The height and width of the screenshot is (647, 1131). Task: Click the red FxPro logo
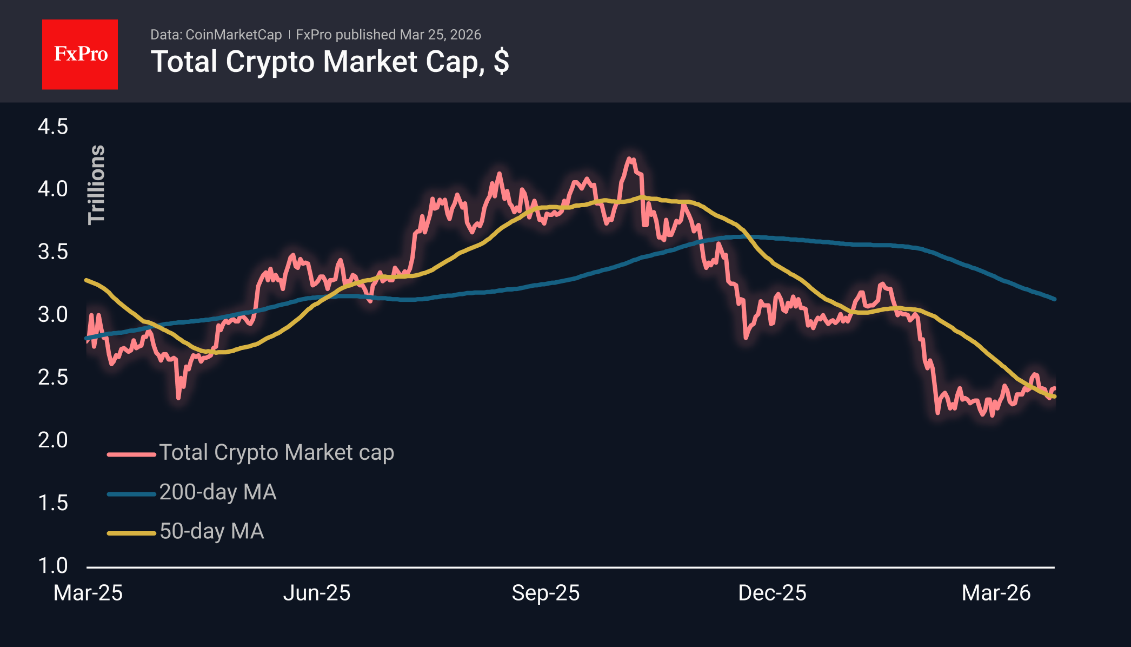point(80,54)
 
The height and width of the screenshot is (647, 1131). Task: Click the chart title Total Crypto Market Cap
point(329,62)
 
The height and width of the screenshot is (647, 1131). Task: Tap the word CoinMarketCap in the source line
point(233,35)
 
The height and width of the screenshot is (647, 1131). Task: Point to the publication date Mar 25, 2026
point(440,35)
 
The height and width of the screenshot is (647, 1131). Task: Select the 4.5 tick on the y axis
point(53,127)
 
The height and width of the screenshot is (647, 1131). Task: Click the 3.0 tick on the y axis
point(53,314)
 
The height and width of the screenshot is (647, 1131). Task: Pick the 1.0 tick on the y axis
point(53,565)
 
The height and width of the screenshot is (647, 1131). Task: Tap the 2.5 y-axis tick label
point(53,377)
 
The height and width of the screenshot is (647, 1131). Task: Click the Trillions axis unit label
point(96,184)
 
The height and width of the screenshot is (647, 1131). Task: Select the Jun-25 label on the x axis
point(317,593)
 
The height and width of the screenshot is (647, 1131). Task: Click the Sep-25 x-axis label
point(545,593)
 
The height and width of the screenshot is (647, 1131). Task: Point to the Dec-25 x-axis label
point(772,593)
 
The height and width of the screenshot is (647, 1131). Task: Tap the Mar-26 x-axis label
point(996,593)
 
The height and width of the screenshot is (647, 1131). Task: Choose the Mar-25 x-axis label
point(88,593)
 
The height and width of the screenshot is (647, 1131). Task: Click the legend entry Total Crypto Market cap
point(276,452)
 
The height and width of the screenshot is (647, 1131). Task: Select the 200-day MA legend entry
point(218,492)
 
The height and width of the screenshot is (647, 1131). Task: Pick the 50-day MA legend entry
point(211,531)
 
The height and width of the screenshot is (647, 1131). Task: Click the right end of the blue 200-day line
point(1054,299)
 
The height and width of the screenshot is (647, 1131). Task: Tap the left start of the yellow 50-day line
point(87,280)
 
